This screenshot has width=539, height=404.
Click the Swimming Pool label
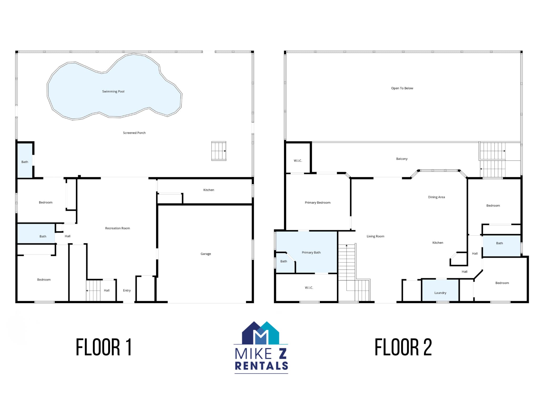coord(113,92)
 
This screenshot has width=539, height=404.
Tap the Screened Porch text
coord(134,133)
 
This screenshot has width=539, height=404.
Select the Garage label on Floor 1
coord(206,254)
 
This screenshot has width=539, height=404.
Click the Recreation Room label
coord(117,228)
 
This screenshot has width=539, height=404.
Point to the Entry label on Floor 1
coord(127,290)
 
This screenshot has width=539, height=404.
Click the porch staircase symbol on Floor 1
coord(219,151)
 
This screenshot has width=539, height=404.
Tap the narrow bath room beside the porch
coord(25,160)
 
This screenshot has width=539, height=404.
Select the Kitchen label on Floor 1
coord(209,190)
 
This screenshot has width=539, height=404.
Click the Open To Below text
coord(402,88)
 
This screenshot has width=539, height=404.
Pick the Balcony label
coord(402,159)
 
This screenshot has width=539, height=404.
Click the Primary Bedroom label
coord(317,203)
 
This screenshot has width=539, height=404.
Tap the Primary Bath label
coord(311,252)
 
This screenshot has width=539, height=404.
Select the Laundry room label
coord(440,293)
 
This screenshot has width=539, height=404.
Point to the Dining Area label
coord(436,197)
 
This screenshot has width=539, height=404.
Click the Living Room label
coord(375,236)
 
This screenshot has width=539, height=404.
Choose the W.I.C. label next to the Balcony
coord(298,161)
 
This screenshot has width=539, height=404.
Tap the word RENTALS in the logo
coord(261,366)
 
